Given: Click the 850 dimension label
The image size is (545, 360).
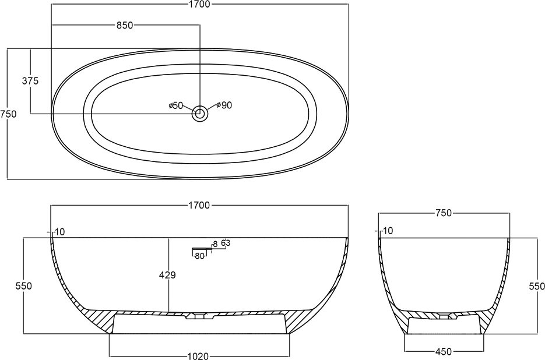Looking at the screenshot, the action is coord(124,26).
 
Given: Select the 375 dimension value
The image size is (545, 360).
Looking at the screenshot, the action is coord(30,81).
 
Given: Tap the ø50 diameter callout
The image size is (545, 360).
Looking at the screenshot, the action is coord(175,105).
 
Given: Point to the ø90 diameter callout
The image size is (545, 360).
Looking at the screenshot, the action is coord(224,105).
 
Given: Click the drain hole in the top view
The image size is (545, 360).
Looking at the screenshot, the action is coord(200,113).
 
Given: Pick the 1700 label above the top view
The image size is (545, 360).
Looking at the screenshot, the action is coord(200,4).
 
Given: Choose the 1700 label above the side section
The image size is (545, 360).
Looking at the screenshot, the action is coord(200,206).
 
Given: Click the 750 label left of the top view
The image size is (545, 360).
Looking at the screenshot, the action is coord(8,114).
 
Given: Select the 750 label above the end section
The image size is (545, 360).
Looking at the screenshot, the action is coord(443,213).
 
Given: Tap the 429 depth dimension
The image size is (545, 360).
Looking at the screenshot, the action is coord(167,275).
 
